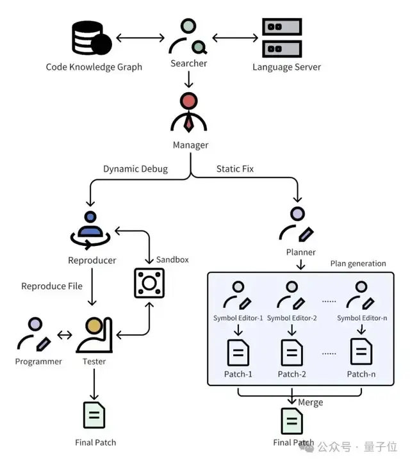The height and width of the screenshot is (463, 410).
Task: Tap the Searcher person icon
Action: tap(188, 37)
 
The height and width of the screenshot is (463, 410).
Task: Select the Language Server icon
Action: tap(282, 37)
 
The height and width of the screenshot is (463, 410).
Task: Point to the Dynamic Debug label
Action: tap(135, 169)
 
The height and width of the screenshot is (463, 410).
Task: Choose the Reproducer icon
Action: tap(91, 231)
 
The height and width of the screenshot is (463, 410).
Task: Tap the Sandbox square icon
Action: tap(149, 282)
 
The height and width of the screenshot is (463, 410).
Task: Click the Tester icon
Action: tap(94, 336)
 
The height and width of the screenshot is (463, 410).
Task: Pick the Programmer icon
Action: tap(34, 335)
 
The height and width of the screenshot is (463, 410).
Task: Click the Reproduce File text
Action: tap(52, 286)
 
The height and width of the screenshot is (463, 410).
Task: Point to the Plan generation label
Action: tap(358, 263)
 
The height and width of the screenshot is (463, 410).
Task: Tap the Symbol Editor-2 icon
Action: tap(292, 296)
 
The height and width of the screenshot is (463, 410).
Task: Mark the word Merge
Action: tap(310, 402)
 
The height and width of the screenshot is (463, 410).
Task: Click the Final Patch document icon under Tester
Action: tap(94, 414)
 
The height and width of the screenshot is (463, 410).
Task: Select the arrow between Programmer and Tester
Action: tap(64, 334)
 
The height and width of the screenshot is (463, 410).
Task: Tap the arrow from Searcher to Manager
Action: tap(188, 80)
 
